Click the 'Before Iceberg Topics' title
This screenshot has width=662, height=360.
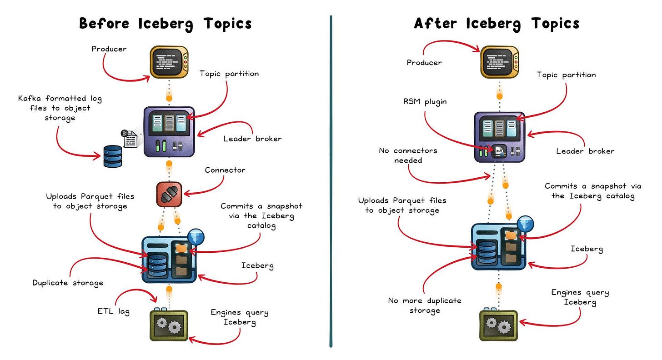165,23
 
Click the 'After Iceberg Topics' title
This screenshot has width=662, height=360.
496,23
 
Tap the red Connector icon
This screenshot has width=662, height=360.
169,195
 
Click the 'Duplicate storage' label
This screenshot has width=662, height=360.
68,283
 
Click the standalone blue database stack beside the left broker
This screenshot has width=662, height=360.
112,156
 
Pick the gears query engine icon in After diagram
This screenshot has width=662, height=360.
499,325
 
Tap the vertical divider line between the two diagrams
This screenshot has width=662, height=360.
331,182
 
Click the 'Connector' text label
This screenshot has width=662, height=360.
225,170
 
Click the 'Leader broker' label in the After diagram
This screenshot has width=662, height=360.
585,151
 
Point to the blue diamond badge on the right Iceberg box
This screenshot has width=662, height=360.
524,224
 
